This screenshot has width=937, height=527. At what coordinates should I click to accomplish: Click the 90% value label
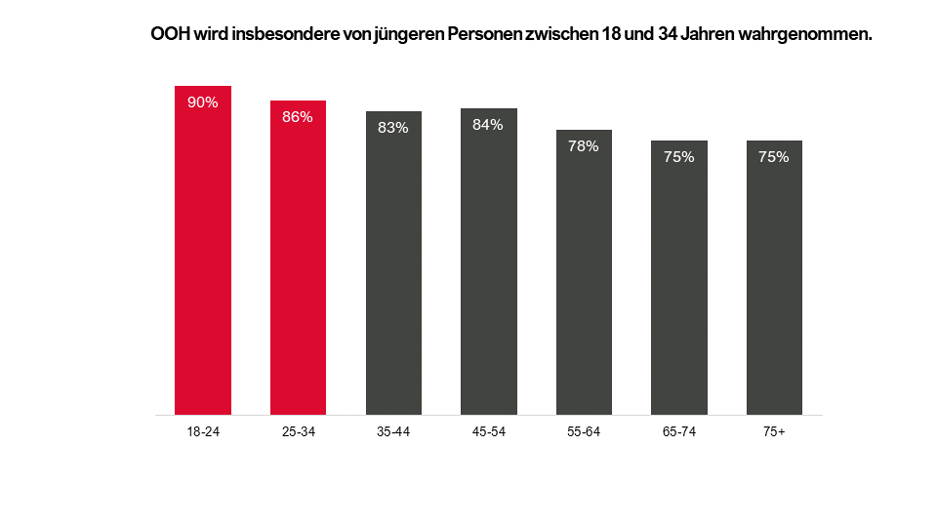203,102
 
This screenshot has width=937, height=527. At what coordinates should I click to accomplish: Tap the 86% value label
298,117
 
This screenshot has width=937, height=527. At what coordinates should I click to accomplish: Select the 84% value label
488,124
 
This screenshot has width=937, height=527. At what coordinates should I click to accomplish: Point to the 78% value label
584,146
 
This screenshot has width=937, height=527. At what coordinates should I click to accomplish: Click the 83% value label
393,128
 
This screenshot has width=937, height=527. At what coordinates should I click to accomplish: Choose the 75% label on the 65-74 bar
679,156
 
